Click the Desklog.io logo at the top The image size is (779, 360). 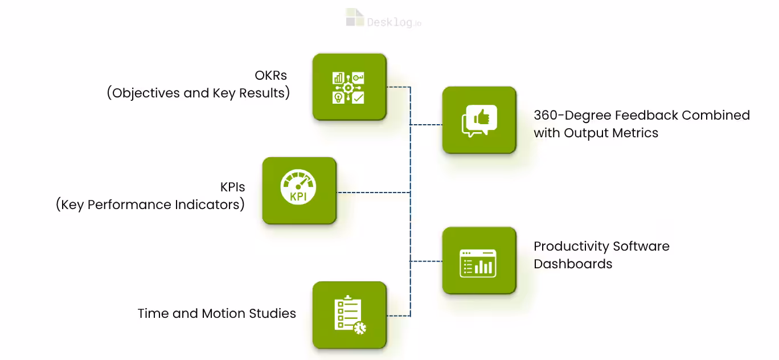coord(383,18)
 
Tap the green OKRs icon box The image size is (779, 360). coord(349,87)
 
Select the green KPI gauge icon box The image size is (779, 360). coord(299,190)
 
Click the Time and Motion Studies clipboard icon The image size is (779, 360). coord(349,314)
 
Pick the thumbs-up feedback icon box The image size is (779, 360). coord(479,120)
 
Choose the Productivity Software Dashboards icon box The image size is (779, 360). coord(479,261)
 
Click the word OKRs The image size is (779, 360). coord(270,75)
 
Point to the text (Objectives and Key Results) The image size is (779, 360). coord(198,93)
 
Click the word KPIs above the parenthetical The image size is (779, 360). coord(232,187)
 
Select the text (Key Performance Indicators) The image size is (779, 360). coord(150,204)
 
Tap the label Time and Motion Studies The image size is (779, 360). coord(216,313)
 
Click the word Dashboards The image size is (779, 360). coord(573,264)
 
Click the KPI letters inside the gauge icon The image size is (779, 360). coord(299,197)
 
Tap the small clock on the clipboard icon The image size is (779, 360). coord(360,328)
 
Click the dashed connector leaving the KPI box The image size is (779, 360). coord(373,193)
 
